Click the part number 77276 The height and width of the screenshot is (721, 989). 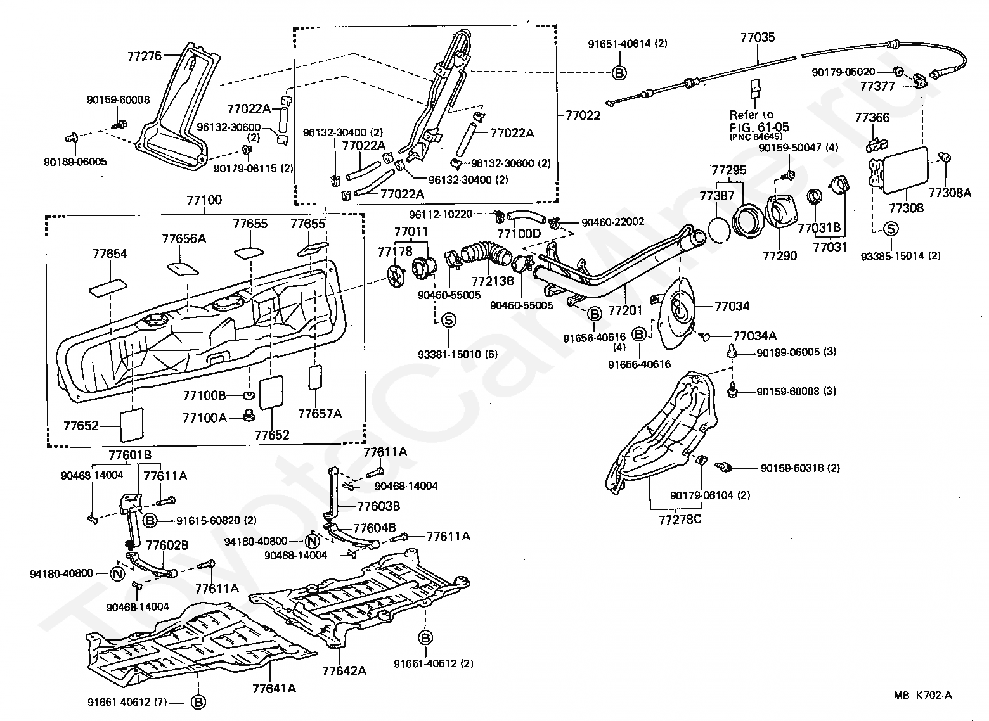[x=145, y=56]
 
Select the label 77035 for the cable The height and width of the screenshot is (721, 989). [x=758, y=37]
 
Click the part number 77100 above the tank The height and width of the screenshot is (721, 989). [x=204, y=200]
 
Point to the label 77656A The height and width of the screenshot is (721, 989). [x=184, y=239]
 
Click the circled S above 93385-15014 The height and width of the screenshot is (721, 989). [x=891, y=229]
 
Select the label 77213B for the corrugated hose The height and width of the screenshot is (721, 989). [x=493, y=281]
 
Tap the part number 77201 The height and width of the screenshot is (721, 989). [x=625, y=310]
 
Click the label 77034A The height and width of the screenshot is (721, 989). [x=754, y=336]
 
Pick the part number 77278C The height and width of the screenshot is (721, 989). [x=680, y=520]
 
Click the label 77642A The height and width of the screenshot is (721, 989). [x=344, y=671]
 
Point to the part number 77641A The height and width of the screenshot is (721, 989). [x=274, y=688]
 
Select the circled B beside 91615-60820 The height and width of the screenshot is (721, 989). [x=150, y=521]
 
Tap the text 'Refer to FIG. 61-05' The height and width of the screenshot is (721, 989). [x=759, y=122]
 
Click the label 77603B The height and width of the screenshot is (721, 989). [x=378, y=506]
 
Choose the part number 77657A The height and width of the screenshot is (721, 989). [x=320, y=414]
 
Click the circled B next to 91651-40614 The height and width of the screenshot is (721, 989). [x=619, y=73]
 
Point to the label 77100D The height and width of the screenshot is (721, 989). [x=519, y=233]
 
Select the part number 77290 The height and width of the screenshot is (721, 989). [x=780, y=256]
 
